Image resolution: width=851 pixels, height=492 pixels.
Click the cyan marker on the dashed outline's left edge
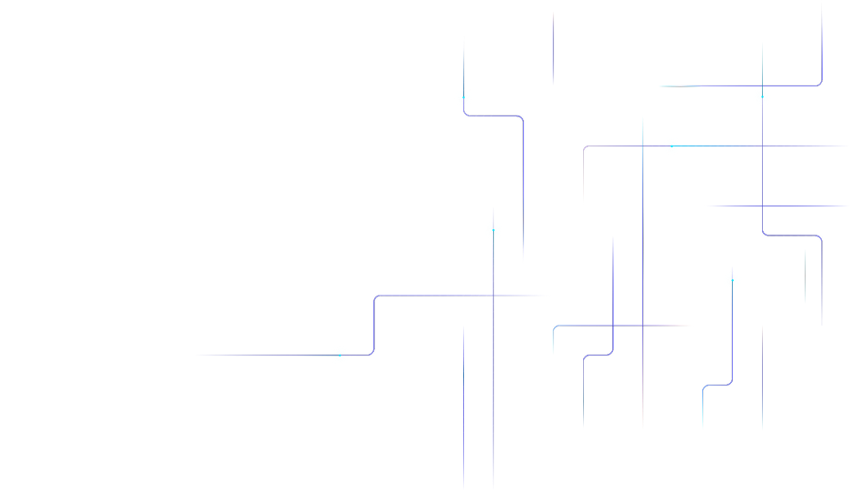pos(340,355)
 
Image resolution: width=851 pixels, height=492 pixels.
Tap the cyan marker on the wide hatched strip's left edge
pos(463,96)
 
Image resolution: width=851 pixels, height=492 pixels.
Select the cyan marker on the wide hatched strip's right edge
pos(493,229)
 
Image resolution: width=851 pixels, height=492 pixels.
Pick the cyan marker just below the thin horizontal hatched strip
pos(732,279)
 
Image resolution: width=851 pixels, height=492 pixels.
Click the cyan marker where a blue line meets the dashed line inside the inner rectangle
pos(671,146)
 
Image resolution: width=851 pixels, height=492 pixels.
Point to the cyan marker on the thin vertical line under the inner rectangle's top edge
pos(762,96)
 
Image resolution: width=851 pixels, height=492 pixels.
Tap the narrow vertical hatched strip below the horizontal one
pos(646,364)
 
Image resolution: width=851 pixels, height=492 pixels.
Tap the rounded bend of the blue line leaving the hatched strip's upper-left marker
pos(521,118)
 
